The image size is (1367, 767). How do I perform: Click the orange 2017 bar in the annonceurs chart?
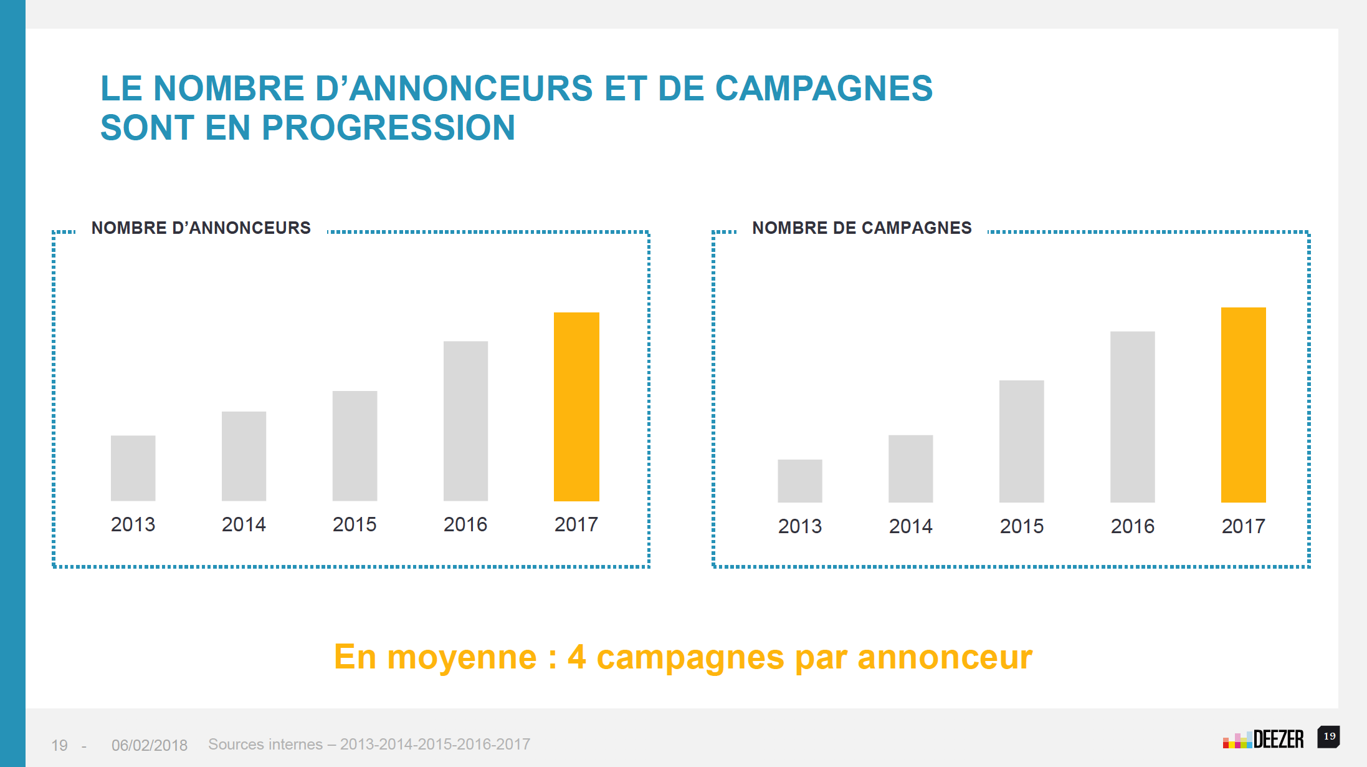click(x=576, y=407)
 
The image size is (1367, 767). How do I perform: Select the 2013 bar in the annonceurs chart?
click(x=133, y=468)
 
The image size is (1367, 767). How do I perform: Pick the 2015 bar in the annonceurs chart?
click(x=355, y=445)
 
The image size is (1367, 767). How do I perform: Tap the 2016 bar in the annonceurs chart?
click(x=465, y=420)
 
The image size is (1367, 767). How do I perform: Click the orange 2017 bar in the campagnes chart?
click(x=1243, y=405)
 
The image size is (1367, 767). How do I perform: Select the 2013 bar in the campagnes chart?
click(x=799, y=481)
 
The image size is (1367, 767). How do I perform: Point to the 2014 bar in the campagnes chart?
click(x=910, y=468)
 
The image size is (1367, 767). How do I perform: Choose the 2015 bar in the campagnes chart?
click(x=1021, y=441)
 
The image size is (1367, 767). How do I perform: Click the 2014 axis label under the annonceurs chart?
click(x=244, y=524)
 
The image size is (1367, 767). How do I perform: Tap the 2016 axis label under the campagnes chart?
click(x=1132, y=526)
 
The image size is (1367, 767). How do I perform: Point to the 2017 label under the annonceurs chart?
click(x=576, y=524)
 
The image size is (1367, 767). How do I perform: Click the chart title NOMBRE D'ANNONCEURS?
click(x=201, y=228)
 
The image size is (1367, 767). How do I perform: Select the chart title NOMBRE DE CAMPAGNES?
click(x=862, y=228)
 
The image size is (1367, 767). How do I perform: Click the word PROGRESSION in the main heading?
click(x=388, y=128)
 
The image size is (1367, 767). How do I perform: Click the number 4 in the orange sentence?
click(x=576, y=657)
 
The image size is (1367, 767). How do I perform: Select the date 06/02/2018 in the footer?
click(x=150, y=745)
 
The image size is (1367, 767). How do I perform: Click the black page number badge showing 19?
click(x=1328, y=736)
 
